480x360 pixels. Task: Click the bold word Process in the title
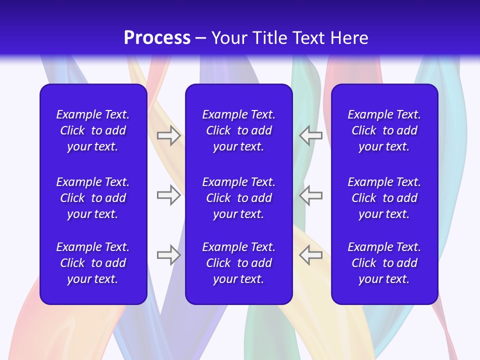click(x=157, y=38)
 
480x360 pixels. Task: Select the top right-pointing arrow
click(x=169, y=135)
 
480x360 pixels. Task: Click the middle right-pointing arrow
click(x=169, y=194)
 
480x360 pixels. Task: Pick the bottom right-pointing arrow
click(x=169, y=254)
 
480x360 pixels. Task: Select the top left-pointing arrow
click(x=310, y=135)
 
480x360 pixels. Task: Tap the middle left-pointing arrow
click(x=310, y=194)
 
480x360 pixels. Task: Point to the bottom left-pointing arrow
click(x=310, y=254)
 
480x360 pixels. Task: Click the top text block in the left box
click(x=93, y=130)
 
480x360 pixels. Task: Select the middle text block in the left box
click(x=93, y=198)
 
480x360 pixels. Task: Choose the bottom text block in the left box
click(x=93, y=263)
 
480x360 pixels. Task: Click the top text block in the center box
click(x=238, y=130)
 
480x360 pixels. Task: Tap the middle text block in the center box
click(x=238, y=198)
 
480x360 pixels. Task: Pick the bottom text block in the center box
click(x=238, y=263)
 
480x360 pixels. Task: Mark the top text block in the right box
click(x=384, y=130)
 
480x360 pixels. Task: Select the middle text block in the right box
click(x=384, y=198)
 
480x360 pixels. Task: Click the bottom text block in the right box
click(x=384, y=263)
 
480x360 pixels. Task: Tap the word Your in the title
click(x=228, y=38)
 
